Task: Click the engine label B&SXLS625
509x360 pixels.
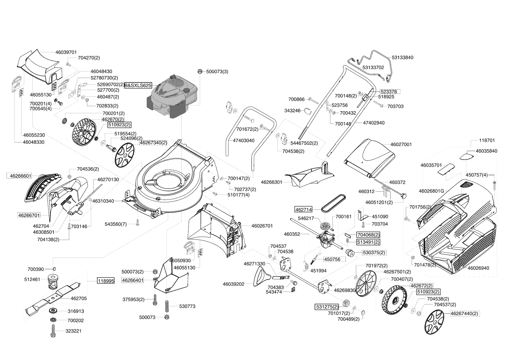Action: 138,86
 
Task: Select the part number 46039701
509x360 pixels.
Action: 66,52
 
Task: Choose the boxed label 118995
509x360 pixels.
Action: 106,281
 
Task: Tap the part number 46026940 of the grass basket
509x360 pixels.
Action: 478,268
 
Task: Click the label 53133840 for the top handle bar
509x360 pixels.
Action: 402,57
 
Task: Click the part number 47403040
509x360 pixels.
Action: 243,141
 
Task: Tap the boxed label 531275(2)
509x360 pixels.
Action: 327,307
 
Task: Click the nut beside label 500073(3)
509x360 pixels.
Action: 200,71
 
